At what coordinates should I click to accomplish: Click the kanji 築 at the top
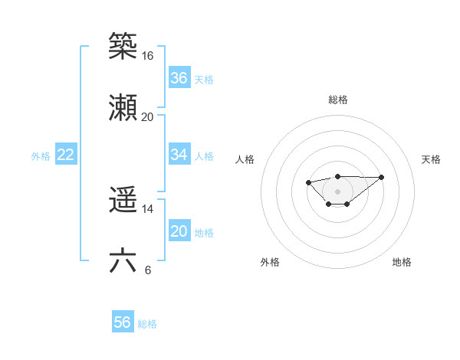point(123,46)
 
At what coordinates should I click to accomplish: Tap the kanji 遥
point(123,201)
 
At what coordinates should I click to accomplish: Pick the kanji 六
point(123,261)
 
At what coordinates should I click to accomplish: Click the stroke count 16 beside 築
point(147,56)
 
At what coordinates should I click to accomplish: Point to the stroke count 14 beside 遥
point(147,209)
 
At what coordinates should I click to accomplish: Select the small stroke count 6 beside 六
point(147,270)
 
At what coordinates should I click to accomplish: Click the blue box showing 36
point(179,78)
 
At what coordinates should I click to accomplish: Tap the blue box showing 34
point(179,155)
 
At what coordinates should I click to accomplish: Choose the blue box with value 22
point(66,155)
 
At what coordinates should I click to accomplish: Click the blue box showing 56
point(123,322)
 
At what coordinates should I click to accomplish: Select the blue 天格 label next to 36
point(204,80)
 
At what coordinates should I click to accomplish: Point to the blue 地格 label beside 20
point(204,233)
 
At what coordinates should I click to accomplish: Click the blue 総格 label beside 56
point(147,324)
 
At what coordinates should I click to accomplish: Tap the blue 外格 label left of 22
point(41,156)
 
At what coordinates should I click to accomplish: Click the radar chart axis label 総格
point(338,100)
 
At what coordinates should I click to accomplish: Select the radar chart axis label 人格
point(245,159)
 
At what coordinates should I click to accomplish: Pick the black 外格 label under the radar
point(270,262)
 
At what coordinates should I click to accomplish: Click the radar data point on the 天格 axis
point(382,177)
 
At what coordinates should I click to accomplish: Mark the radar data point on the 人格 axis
point(308,182)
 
